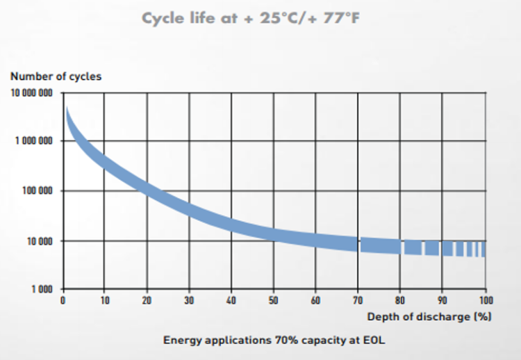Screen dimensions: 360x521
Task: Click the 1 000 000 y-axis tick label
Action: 33,141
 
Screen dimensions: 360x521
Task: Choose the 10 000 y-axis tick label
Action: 39,241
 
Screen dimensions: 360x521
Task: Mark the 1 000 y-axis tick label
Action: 41,288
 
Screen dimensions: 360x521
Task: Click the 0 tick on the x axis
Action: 63,300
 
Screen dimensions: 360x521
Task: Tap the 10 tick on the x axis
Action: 104,300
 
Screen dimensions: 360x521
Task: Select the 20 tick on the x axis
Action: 147,300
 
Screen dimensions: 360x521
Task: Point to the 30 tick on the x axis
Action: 189,300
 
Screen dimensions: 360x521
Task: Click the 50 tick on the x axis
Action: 273,300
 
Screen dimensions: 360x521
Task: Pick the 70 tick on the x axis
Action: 358,300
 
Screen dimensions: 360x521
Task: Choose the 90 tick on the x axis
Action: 442,300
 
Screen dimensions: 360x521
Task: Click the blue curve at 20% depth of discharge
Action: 147,189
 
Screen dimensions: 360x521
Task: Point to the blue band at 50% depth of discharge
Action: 273,232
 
